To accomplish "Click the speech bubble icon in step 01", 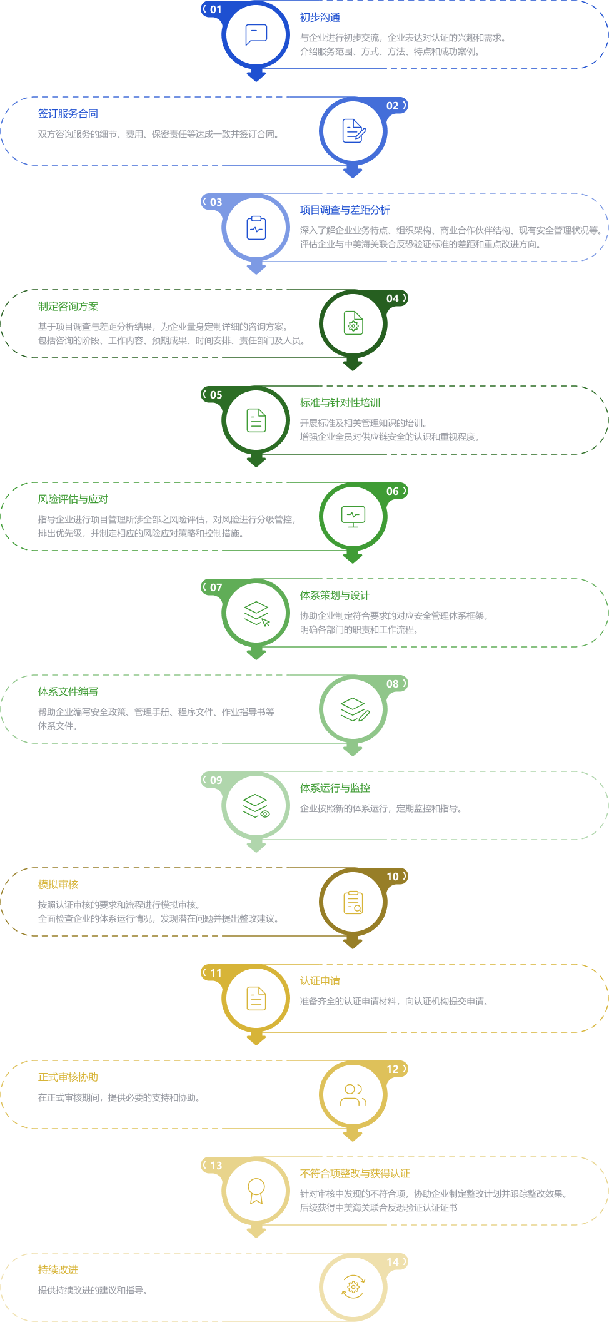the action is [x=256, y=34].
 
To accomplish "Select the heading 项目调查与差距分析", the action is [x=345, y=210].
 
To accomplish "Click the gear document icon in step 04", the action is [x=353, y=323].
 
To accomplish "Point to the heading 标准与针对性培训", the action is [x=340, y=403].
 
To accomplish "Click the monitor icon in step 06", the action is [x=353, y=516].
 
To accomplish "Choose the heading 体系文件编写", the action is [x=68, y=692].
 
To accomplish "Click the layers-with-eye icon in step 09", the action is [x=256, y=806].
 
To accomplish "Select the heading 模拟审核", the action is [x=58, y=885].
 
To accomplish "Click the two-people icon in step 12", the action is [x=353, y=1095].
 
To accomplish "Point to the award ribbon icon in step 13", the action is [x=256, y=1191].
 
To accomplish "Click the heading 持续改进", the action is [x=58, y=1270].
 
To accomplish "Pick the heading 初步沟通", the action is [x=320, y=18].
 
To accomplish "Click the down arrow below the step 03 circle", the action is [x=256, y=267].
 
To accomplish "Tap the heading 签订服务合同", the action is [x=68, y=114].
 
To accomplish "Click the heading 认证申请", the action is [x=320, y=981].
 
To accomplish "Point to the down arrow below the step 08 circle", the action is [x=353, y=749].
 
